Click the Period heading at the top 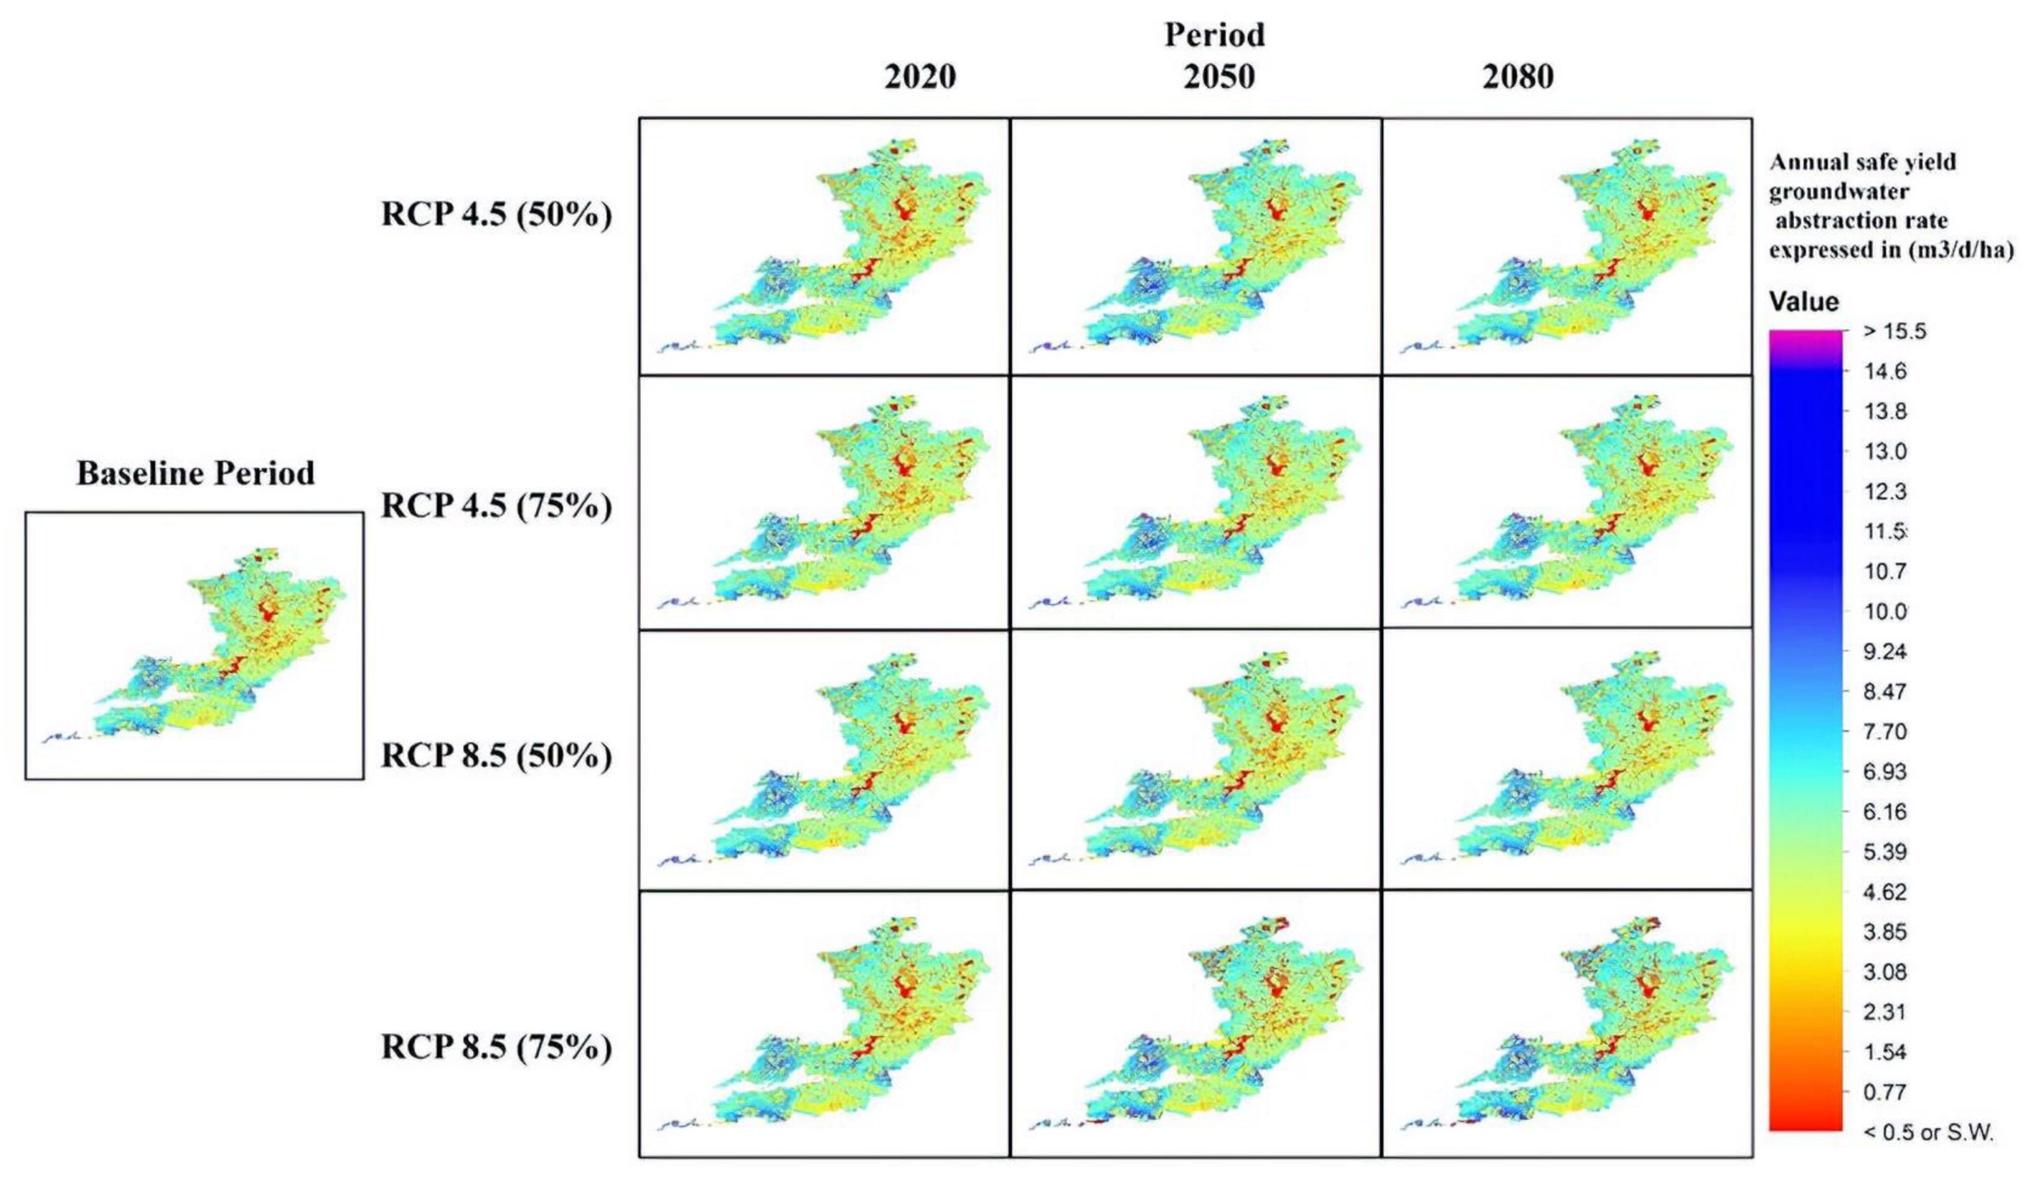pyautogui.click(x=1214, y=35)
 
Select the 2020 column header pyautogui.click(x=920, y=77)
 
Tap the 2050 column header pyautogui.click(x=1219, y=77)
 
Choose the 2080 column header pyautogui.click(x=1518, y=77)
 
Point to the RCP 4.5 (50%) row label pyautogui.click(x=496, y=215)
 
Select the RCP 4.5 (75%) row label pyautogui.click(x=496, y=506)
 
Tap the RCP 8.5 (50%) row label pyautogui.click(x=496, y=756)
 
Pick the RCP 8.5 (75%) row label pyautogui.click(x=496, y=1048)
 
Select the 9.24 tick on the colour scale pyautogui.click(x=1884, y=651)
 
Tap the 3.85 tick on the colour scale pyautogui.click(x=1884, y=932)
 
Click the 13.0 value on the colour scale pyautogui.click(x=1884, y=451)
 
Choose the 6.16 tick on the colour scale pyautogui.click(x=1884, y=812)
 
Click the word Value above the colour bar pyautogui.click(x=1804, y=302)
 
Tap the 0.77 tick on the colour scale pyautogui.click(x=1884, y=1091)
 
